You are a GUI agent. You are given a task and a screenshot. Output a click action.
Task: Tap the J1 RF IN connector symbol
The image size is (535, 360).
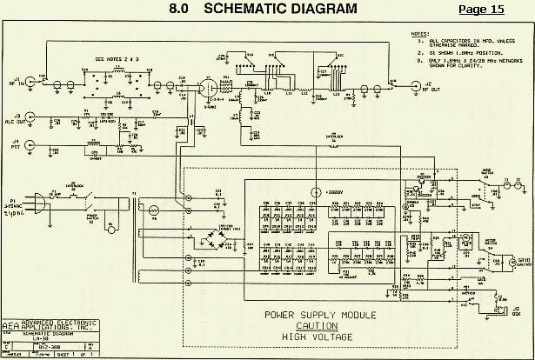coord(32,83)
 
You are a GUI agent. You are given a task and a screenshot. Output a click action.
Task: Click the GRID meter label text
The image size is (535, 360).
coord(524,260)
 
